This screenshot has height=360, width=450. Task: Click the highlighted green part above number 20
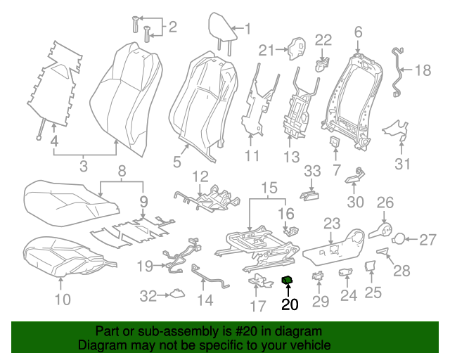tap(288, 281)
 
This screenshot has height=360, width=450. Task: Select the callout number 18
tap(422, 70)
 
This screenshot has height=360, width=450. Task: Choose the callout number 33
tap(311, 172)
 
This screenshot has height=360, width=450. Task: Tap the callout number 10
tap(63, 300)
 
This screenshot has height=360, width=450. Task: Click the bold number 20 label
tap(290, 304)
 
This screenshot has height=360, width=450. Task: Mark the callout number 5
tap(177, 162)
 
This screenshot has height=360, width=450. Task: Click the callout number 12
tap(200, 176)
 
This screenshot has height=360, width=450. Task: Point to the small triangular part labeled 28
tap(382, 250)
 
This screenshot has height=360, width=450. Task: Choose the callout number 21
tap(265, 49)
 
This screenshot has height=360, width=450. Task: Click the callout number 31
tap(402, 165)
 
